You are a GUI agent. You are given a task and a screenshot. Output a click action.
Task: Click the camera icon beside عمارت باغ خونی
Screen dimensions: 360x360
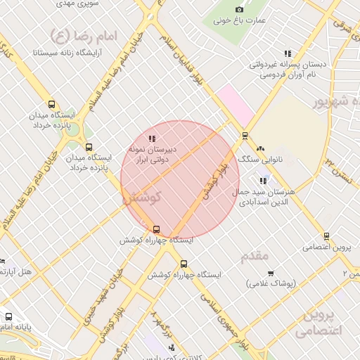(239, 9)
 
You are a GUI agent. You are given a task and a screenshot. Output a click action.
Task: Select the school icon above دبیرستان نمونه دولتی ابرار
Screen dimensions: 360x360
(153, 138)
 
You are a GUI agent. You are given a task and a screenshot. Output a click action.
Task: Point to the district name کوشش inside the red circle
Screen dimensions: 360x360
(143, 198)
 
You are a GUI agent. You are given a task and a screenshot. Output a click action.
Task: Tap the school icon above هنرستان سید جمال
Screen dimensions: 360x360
(264, 181)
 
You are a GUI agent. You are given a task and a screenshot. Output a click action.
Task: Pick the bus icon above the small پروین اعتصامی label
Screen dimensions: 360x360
(326, 236)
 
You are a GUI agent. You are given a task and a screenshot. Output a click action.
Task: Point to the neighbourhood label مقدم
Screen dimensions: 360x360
(255, 257)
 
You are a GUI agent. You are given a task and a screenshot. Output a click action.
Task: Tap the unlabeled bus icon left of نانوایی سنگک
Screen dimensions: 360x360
(245, 136)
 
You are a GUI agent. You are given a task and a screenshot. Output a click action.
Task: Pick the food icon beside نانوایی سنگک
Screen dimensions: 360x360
(261, 148)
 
